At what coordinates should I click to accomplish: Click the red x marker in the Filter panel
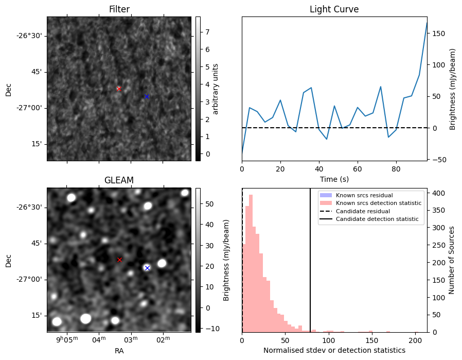(x=119, y=89)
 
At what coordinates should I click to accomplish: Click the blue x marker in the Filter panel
(x=147, y=96)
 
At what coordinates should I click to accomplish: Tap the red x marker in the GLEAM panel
(x=119, y=260)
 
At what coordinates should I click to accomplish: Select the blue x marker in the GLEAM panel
(x=147, y=268)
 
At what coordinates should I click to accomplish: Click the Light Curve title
(x=334, y=9)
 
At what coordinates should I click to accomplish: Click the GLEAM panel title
(x=119, y=180)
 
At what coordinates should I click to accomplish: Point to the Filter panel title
(x=119, y=9)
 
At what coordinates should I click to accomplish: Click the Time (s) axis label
(x=334, y=179)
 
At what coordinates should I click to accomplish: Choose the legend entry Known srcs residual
(x=364, y=195)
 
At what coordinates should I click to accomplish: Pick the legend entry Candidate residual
(x=362, y=211)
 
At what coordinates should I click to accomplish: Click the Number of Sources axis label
(x=452, y=260)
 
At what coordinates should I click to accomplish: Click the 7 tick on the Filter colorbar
(x=206, y=32)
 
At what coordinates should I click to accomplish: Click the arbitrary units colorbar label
(x=216, y=89)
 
